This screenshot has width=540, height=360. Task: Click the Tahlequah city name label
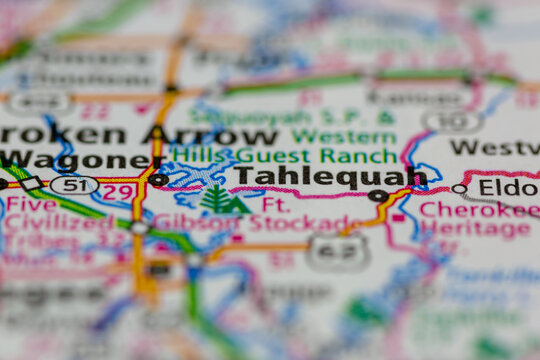pyautogui.click(x=330, y=177)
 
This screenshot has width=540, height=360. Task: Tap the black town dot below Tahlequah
pyautogui.click(x=378, y=196)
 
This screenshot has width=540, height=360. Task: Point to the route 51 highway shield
pyautogui.click(x=73, y=185)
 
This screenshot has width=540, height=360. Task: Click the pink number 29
pyautogui.click(x=118, y=192)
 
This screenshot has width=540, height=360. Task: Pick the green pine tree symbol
pyautogui.click(x=217, y=200)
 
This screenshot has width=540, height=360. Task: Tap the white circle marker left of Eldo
pyautogui.click(x=459, y=188)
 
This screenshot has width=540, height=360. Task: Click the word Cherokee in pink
pyautogui.click(x=475, y=210)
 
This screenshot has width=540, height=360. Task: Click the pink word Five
pyautogui.click(x=30, y=204)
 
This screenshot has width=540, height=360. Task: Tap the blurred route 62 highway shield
pyautogui.click(x=336, y=252)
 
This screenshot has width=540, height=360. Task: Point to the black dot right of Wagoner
pyautogui.click(x=157, y=180)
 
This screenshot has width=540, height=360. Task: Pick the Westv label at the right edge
pyautogui.click(x=494, y=147)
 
